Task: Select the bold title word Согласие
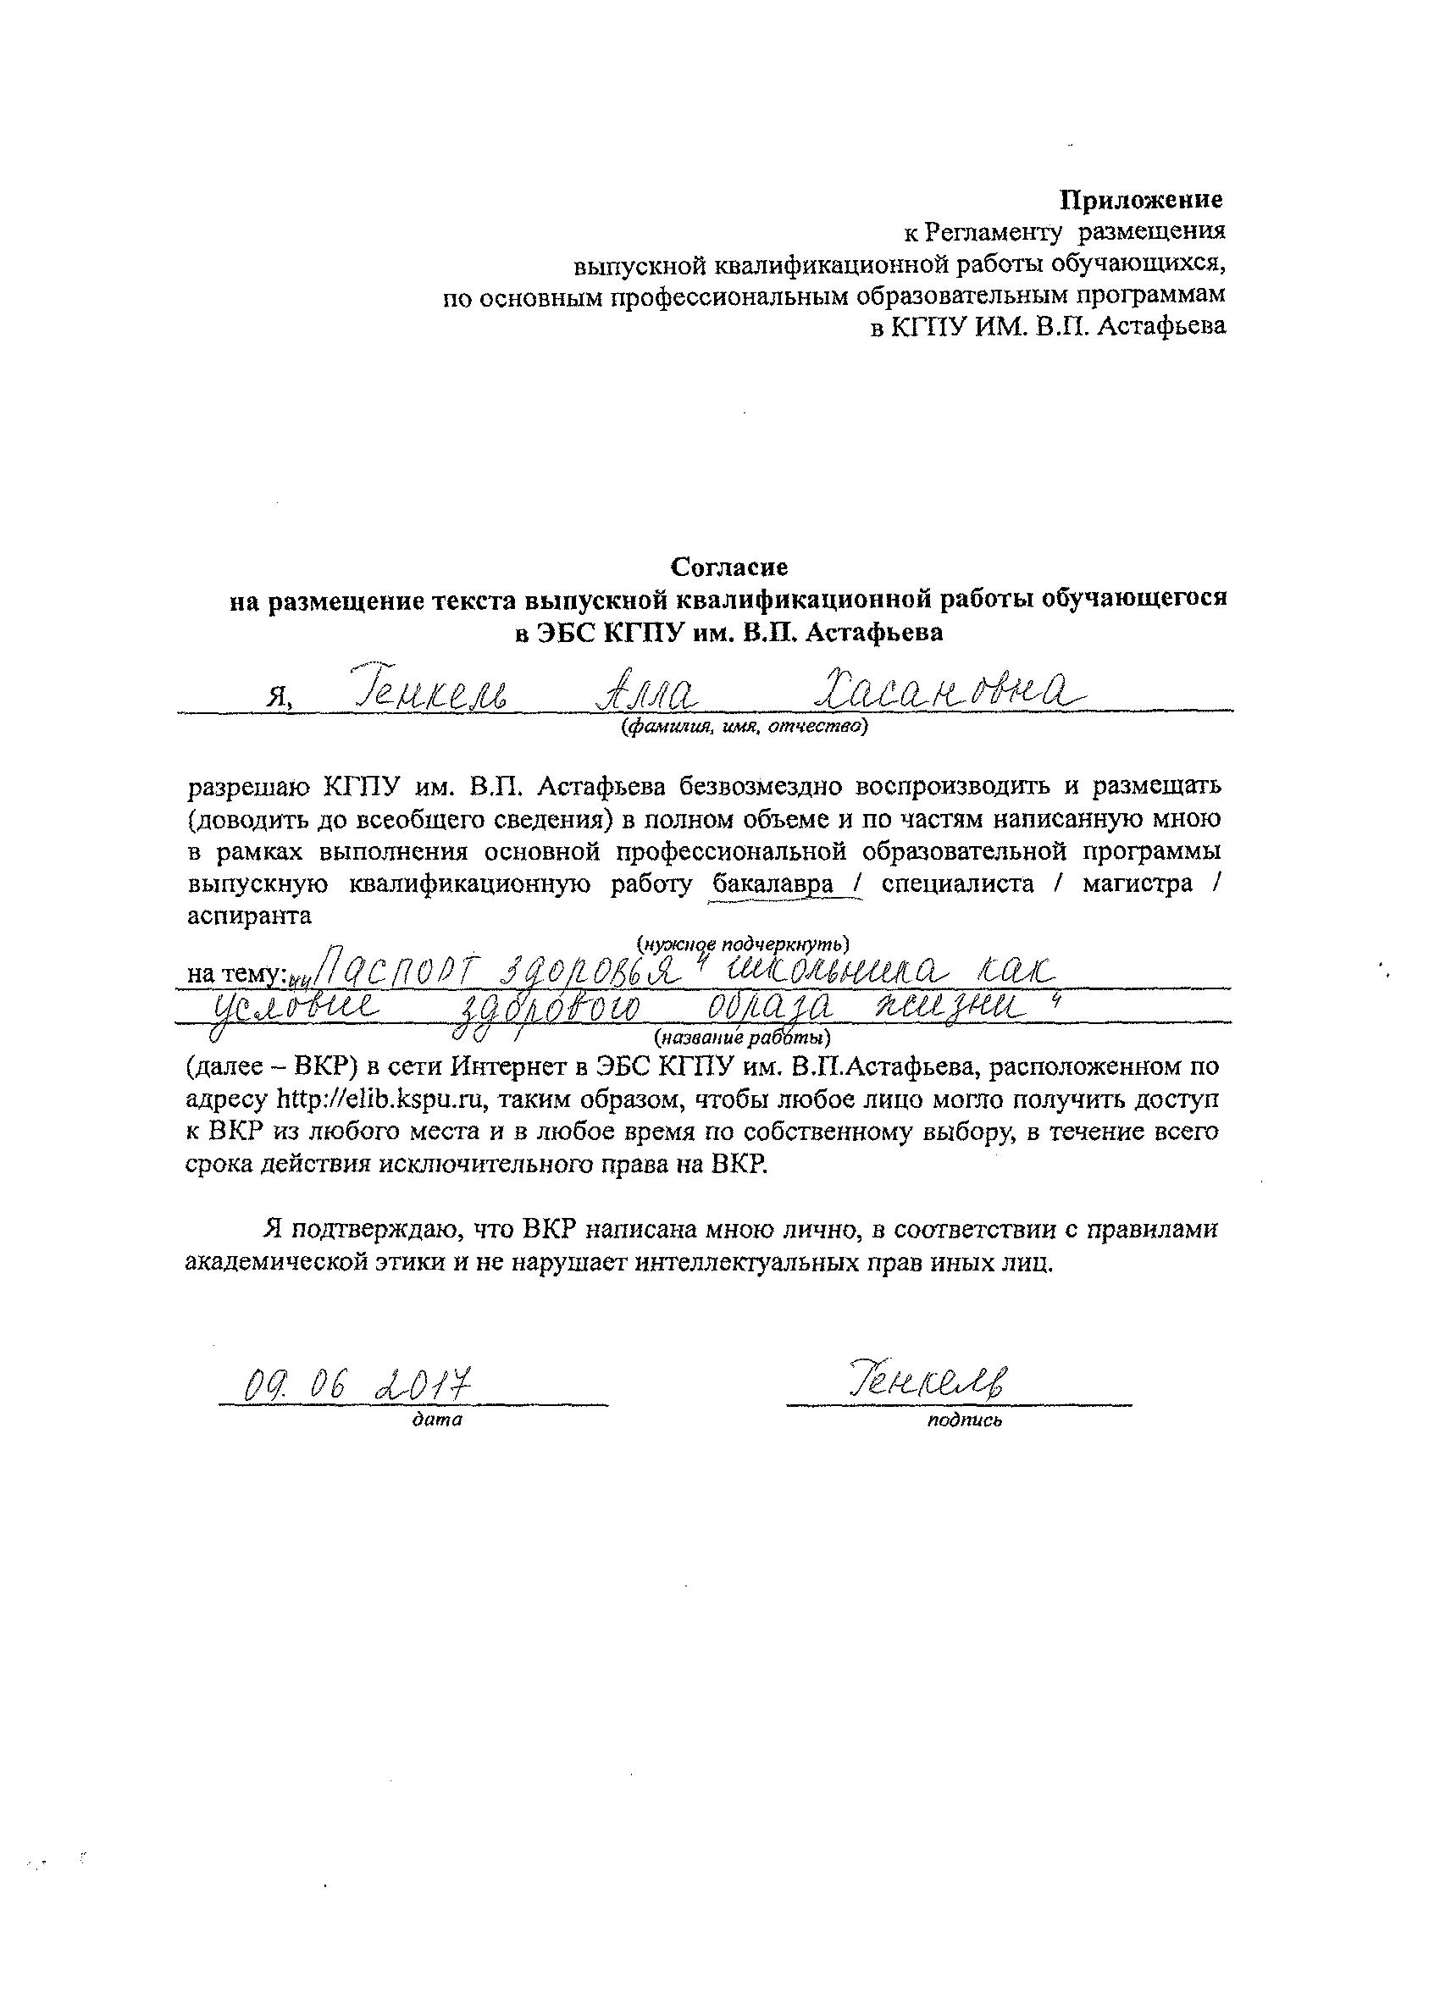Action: pyautogui.click(x=728, y=566)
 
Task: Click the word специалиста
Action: pyautogui.click(x=958, y=885)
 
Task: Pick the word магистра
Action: pyautogui.click(x=1138, y=885)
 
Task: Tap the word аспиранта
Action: pyautogui.click(x=250, y=916)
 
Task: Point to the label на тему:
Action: pyautogui.click(x=235, y=975)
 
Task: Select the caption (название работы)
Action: pyautogui.click(x=742, y=1037)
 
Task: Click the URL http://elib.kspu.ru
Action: pyautogui.click(x=381, y=1100)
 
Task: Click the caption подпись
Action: pyautogui.click(x=965, y=1420)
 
